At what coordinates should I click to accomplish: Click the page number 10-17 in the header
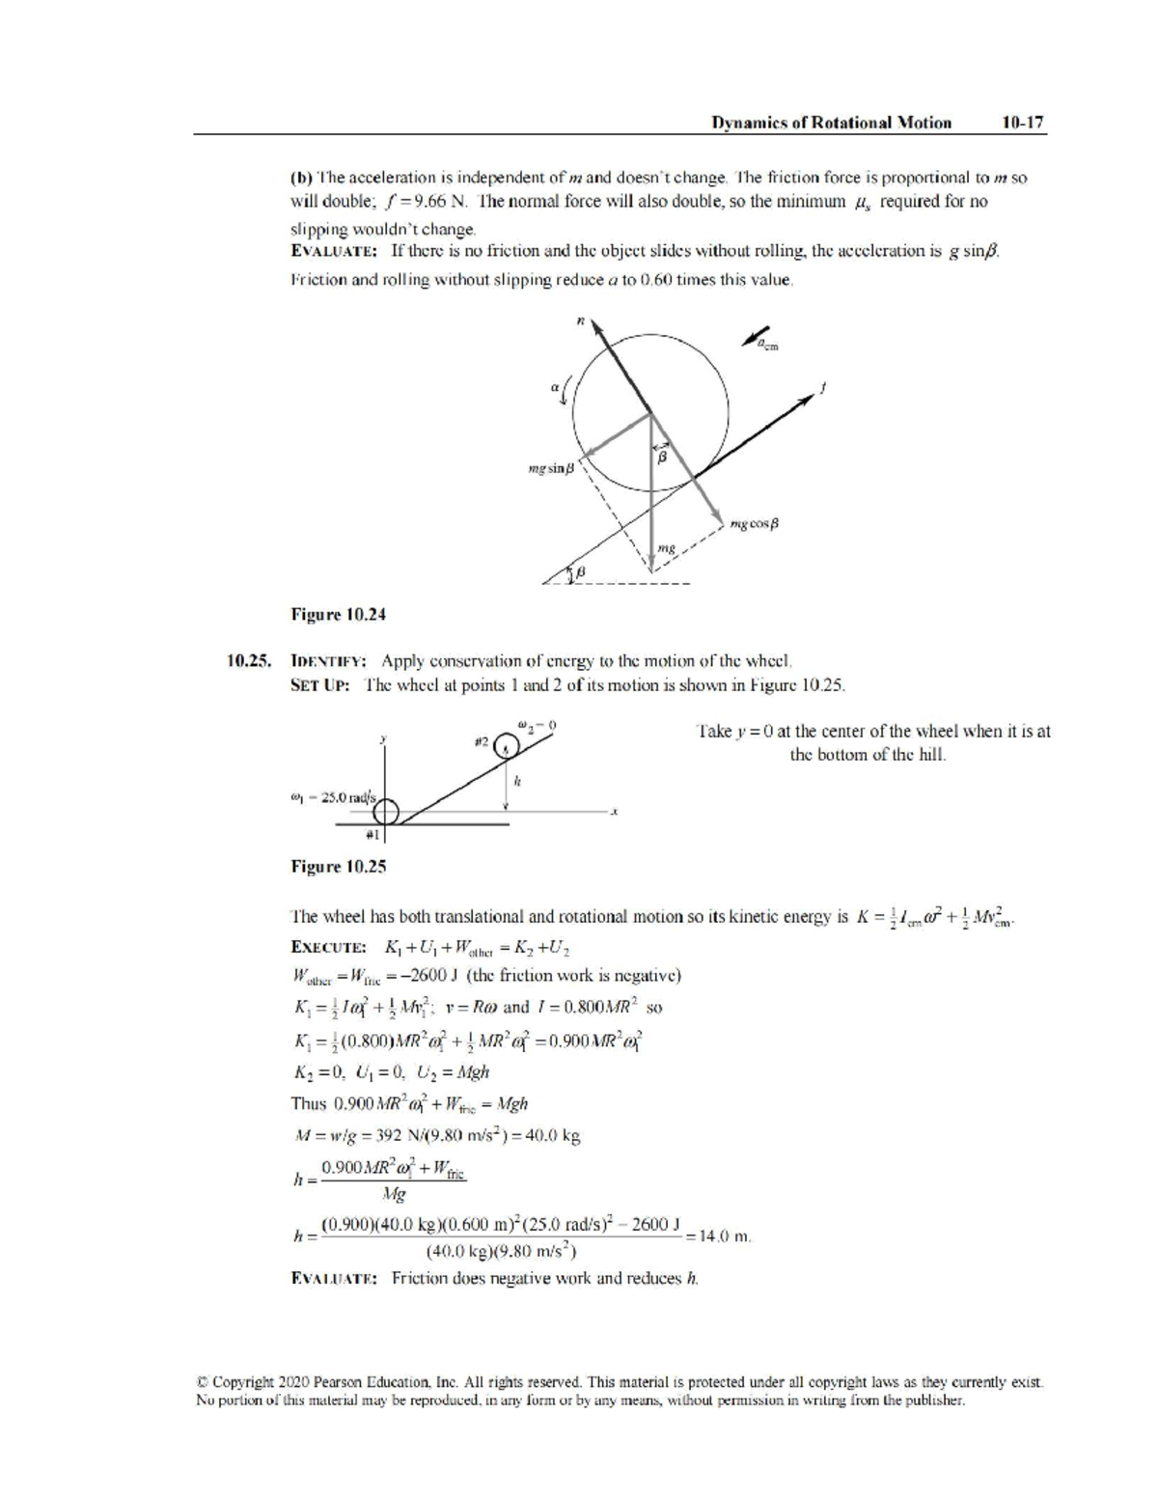(1022, 123)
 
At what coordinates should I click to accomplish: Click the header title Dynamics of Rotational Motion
(831, 123)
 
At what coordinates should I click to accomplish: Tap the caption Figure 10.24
(339, 614)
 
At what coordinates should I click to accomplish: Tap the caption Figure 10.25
(339, 866)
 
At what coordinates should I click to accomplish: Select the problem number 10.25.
(249, 661)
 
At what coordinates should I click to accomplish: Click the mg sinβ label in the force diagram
(551, 469)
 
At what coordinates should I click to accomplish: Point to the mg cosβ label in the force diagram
(755, 524)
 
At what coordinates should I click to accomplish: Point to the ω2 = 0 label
(538, 723)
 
